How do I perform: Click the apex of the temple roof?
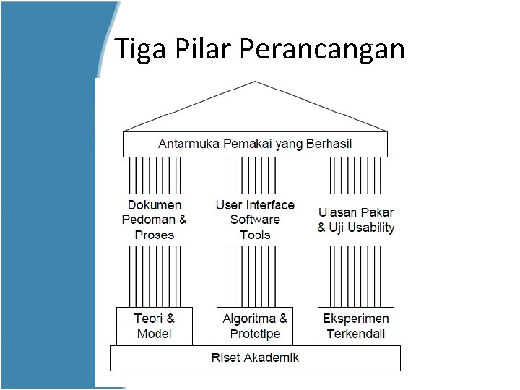tap(255, 82)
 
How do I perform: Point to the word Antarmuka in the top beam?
tap(189, 144)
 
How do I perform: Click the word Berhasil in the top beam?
tap(329, 144)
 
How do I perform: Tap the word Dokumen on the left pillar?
tap(155, 205)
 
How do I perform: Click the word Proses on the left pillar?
tap(155, 235)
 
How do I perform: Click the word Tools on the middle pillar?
tap(255, 235)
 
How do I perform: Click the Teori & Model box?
tap(155, 326)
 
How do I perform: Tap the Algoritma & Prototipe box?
tap(255, 326)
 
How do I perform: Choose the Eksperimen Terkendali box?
tap(356, 326)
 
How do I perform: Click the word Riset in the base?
tap(226, 357)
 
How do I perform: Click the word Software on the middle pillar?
tap(255, 220)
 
